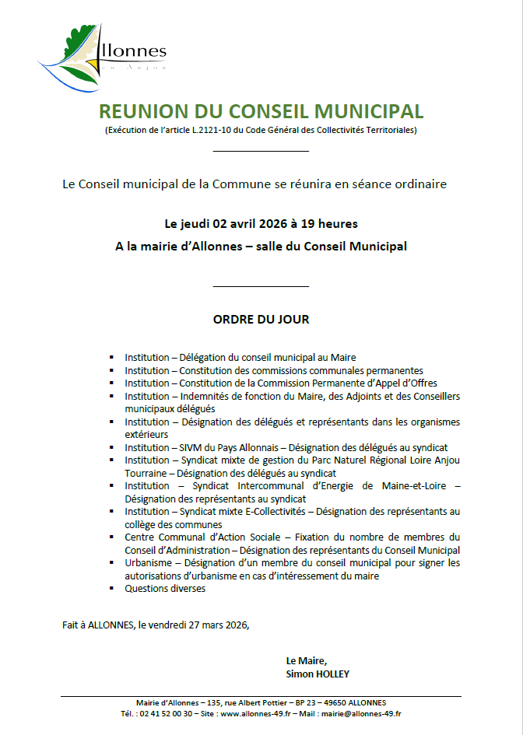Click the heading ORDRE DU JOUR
[261, 319]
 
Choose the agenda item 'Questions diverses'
[165, 588]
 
